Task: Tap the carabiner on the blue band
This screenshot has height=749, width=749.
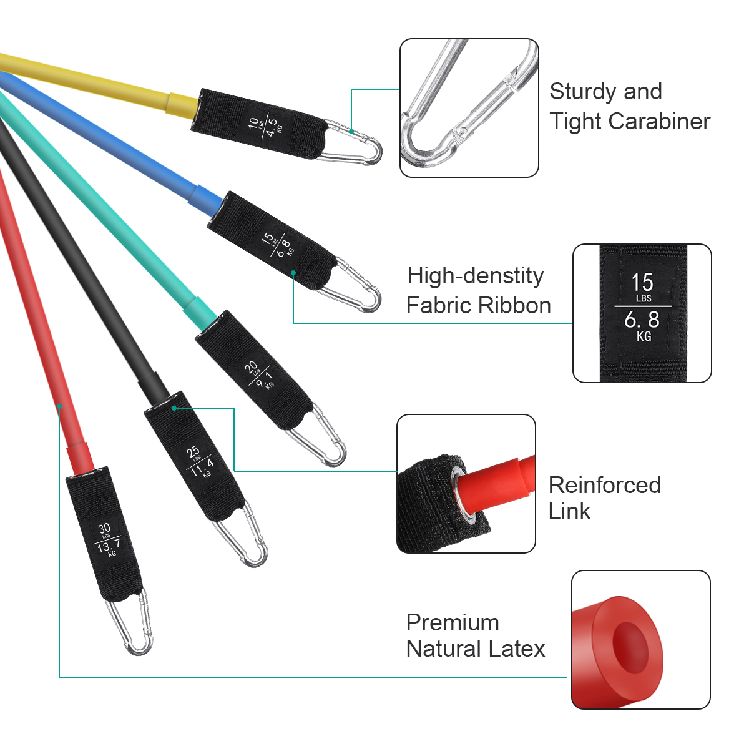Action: (357, 287)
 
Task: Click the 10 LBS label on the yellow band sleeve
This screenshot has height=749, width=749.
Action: (253, 122)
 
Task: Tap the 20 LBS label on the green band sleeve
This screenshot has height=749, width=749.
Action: (252, 368)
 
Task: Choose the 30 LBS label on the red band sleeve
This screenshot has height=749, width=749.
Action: (104, 530)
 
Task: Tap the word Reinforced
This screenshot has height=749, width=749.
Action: (604, 485)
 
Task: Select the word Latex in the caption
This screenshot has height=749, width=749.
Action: (516, 649)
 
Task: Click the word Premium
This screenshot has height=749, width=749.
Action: (453, 622)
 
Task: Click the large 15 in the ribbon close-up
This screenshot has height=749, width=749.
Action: (642, 282)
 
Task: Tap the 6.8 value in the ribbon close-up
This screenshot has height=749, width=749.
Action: (642, 320)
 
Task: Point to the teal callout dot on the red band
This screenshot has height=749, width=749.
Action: (59, 406)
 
